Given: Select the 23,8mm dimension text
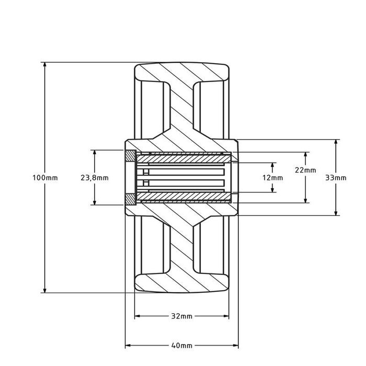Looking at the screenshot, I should pyautogui.click(x=95, y=178).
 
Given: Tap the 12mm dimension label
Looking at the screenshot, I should pyautogui.click(x=272, y=178).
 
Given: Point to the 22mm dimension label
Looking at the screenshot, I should pyautogui.click(x=305, y=170).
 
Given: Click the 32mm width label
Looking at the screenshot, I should pyautogui.click(x=182, y=316).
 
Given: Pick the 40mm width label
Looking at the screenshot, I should pyautogui.click(x=182, y=346).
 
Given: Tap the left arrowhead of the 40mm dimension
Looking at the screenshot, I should pyautogui.click(x=128, y=346).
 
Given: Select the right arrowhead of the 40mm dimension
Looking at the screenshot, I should pyautogui.click(x=236, y=346).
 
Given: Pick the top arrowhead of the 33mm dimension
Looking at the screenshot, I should pyautogui.click(x=336, y=143).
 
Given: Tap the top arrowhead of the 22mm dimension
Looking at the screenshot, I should pyautogui.click(x=306, y=155).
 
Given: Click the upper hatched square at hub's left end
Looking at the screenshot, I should pyautogui.click(x=130, y=156).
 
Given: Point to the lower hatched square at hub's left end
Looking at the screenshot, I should pyautogui.click(x=130, y=199).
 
